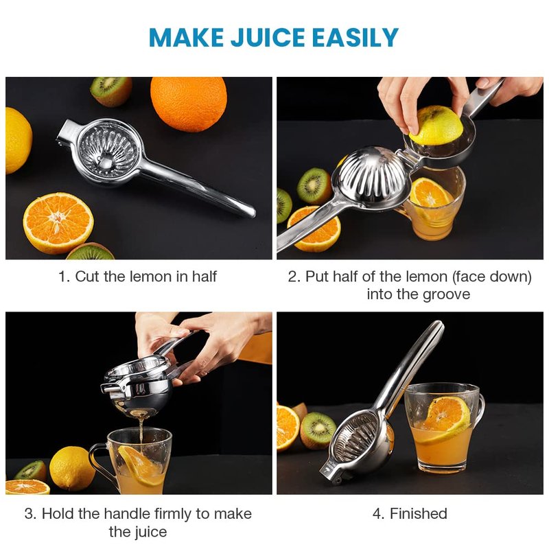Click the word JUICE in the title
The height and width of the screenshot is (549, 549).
[x=268, y=37]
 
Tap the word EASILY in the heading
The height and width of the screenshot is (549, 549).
[x=355, y=37]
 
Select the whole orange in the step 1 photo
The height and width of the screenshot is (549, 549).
[x=189, y=104]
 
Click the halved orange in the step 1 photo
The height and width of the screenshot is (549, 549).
[x=58, y=222]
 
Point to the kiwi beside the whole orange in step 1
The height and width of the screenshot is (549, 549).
[x=111, y=91]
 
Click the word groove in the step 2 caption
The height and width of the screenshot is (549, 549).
[x=446, y=295]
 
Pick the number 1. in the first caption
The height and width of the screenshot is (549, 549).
[x=65, y=277]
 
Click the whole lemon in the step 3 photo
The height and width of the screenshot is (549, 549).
[x=71, y=469]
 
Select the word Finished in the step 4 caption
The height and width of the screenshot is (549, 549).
[x=419, y=513]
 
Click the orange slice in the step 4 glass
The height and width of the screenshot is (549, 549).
[x=445, y=419]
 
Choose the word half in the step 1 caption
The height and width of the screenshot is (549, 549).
[x=204, y=277]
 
